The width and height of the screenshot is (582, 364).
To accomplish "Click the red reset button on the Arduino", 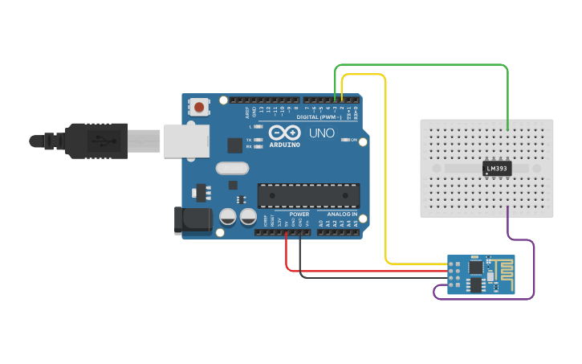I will tap(199, 105).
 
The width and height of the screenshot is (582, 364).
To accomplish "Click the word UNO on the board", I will tap(322, 133).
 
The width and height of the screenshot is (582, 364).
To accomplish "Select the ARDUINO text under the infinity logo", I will tap(285, 145).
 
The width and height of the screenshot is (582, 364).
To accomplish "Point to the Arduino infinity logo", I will tap(285, 133).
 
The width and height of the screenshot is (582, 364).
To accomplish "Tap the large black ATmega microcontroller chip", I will tap(308, 195).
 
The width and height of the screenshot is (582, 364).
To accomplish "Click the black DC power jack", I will tap(193, 221).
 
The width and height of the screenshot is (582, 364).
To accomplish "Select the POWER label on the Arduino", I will tap(299, 215).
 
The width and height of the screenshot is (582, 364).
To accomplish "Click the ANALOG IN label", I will tap(343, 215).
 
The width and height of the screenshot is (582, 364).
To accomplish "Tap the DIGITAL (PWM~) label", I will tap(319, 117).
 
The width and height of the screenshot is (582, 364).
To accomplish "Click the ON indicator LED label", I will tap(354, 140).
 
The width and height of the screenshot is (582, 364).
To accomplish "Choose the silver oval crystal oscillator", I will tap(232, 169).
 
